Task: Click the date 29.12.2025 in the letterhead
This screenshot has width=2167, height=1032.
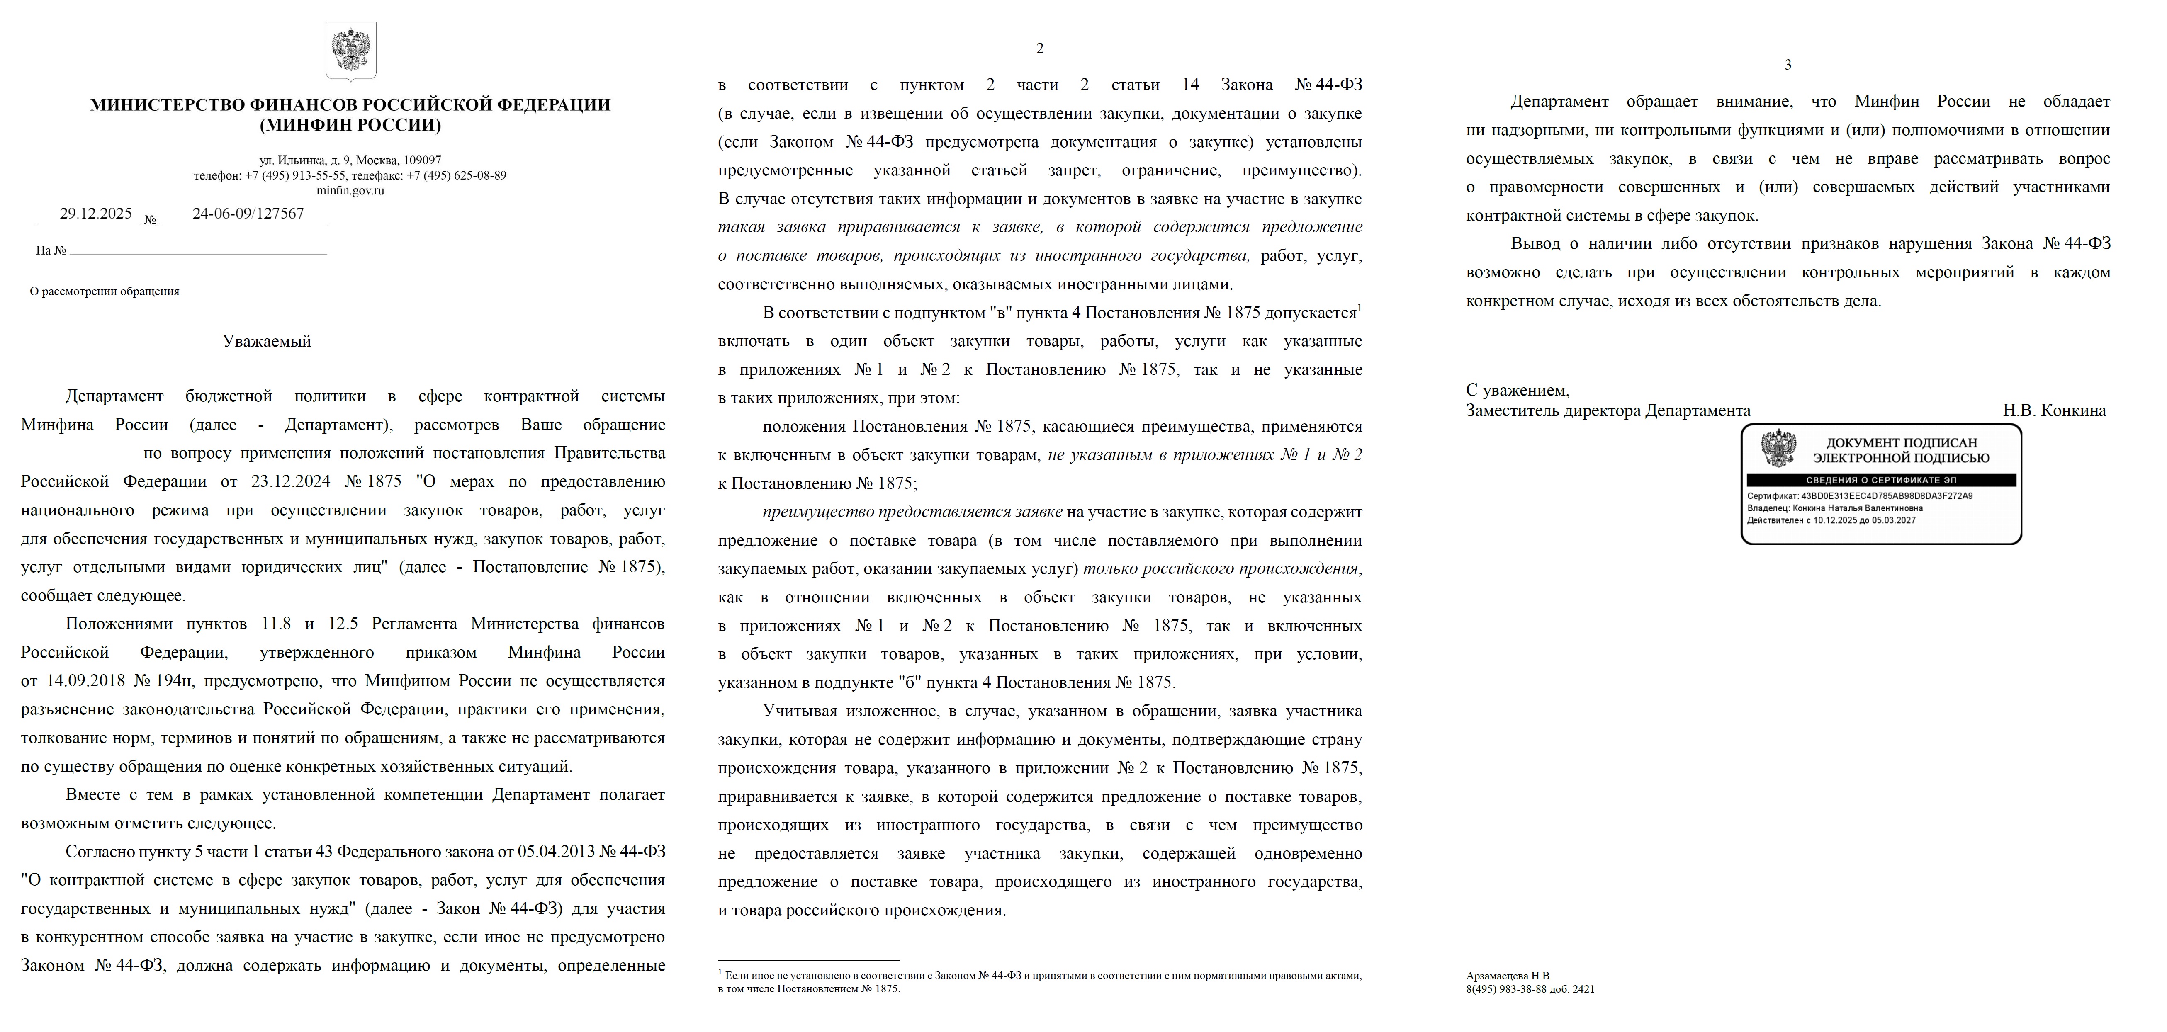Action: point(96,214)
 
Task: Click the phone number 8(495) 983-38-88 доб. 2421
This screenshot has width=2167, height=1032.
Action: point(1530,989)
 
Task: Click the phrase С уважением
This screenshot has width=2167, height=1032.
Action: point(1518,390)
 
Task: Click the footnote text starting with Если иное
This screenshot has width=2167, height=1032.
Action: point(1040,981)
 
